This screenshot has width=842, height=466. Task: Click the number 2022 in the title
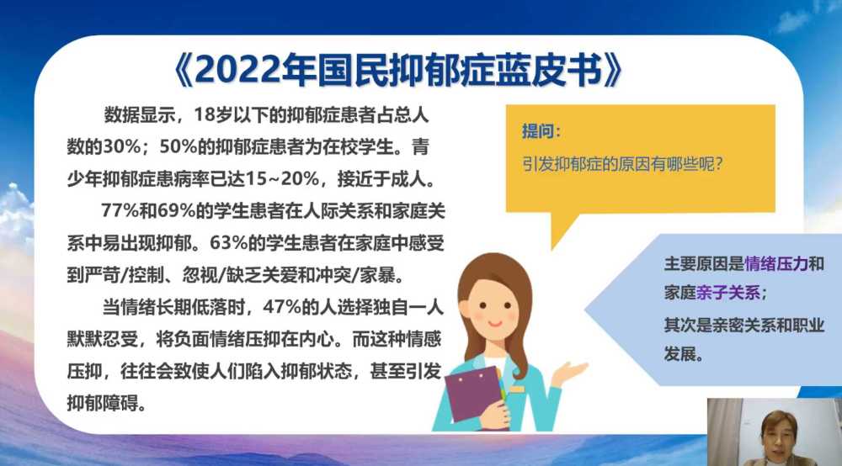[x=237, y=71]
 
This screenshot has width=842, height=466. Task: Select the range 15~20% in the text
[x=282, y=178]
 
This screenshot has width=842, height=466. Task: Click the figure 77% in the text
[x=120, y=211]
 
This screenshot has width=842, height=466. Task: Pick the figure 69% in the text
[x=176, y=211]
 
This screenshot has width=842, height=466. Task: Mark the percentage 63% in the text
[x=228, y=243]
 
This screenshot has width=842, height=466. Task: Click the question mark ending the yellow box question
[x=719, y=163]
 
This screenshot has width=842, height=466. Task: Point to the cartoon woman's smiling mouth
[x=494, y=323]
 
